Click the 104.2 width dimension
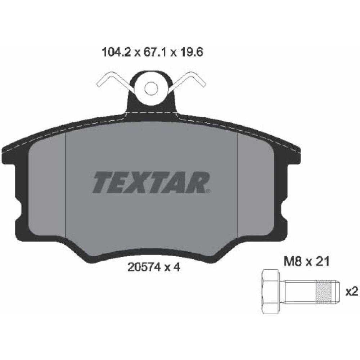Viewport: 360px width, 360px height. tap(116, 53)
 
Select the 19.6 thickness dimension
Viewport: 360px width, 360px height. tap(192, 53)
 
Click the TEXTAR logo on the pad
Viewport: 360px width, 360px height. tap(151, 182)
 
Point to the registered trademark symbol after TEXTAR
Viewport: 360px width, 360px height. tap(208, 191)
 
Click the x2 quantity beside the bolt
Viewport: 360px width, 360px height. tap(352, 292)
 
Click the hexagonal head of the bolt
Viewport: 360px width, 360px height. tap(270, 292)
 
